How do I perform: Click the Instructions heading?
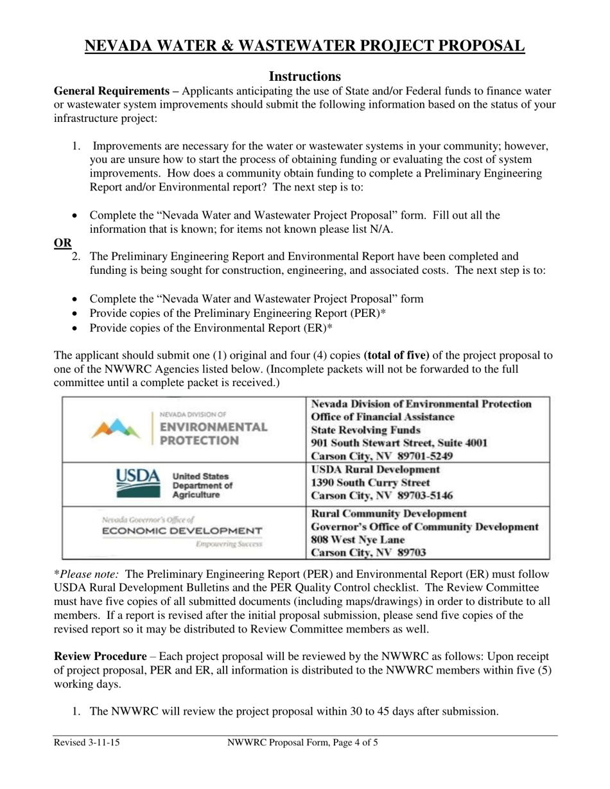coord(304,76)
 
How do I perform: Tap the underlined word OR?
coord(62,242)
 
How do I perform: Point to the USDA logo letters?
coord(137,476)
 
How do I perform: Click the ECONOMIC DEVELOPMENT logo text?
coord(182,531)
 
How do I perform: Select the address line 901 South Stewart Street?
coord(399,443)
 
